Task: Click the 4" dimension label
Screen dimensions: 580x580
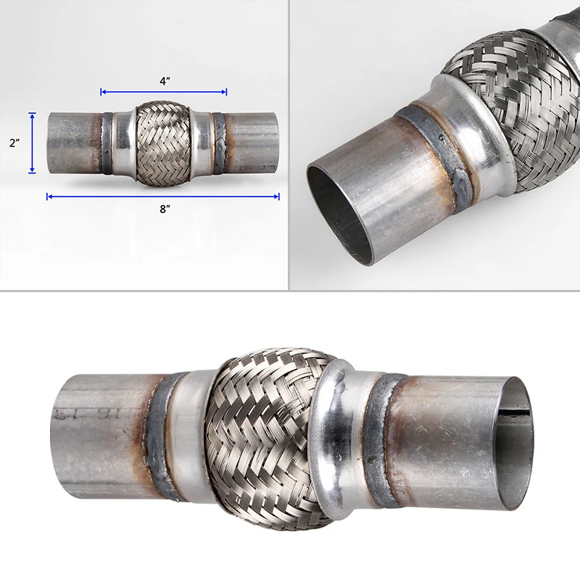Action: coord(164,81)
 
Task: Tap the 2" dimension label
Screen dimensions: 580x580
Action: coord(14,144)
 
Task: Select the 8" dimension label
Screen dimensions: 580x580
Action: coord(165,209)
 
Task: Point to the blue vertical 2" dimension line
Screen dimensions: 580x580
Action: coord(33,143)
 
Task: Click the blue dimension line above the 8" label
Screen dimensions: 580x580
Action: coord(163,196)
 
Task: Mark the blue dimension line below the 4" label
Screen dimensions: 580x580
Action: coord(164,92)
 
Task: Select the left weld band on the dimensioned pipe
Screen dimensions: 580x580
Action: coord(107,143)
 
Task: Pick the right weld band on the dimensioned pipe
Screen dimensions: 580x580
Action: coord(217,143)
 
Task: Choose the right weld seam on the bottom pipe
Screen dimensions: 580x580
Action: coord(380,435)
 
